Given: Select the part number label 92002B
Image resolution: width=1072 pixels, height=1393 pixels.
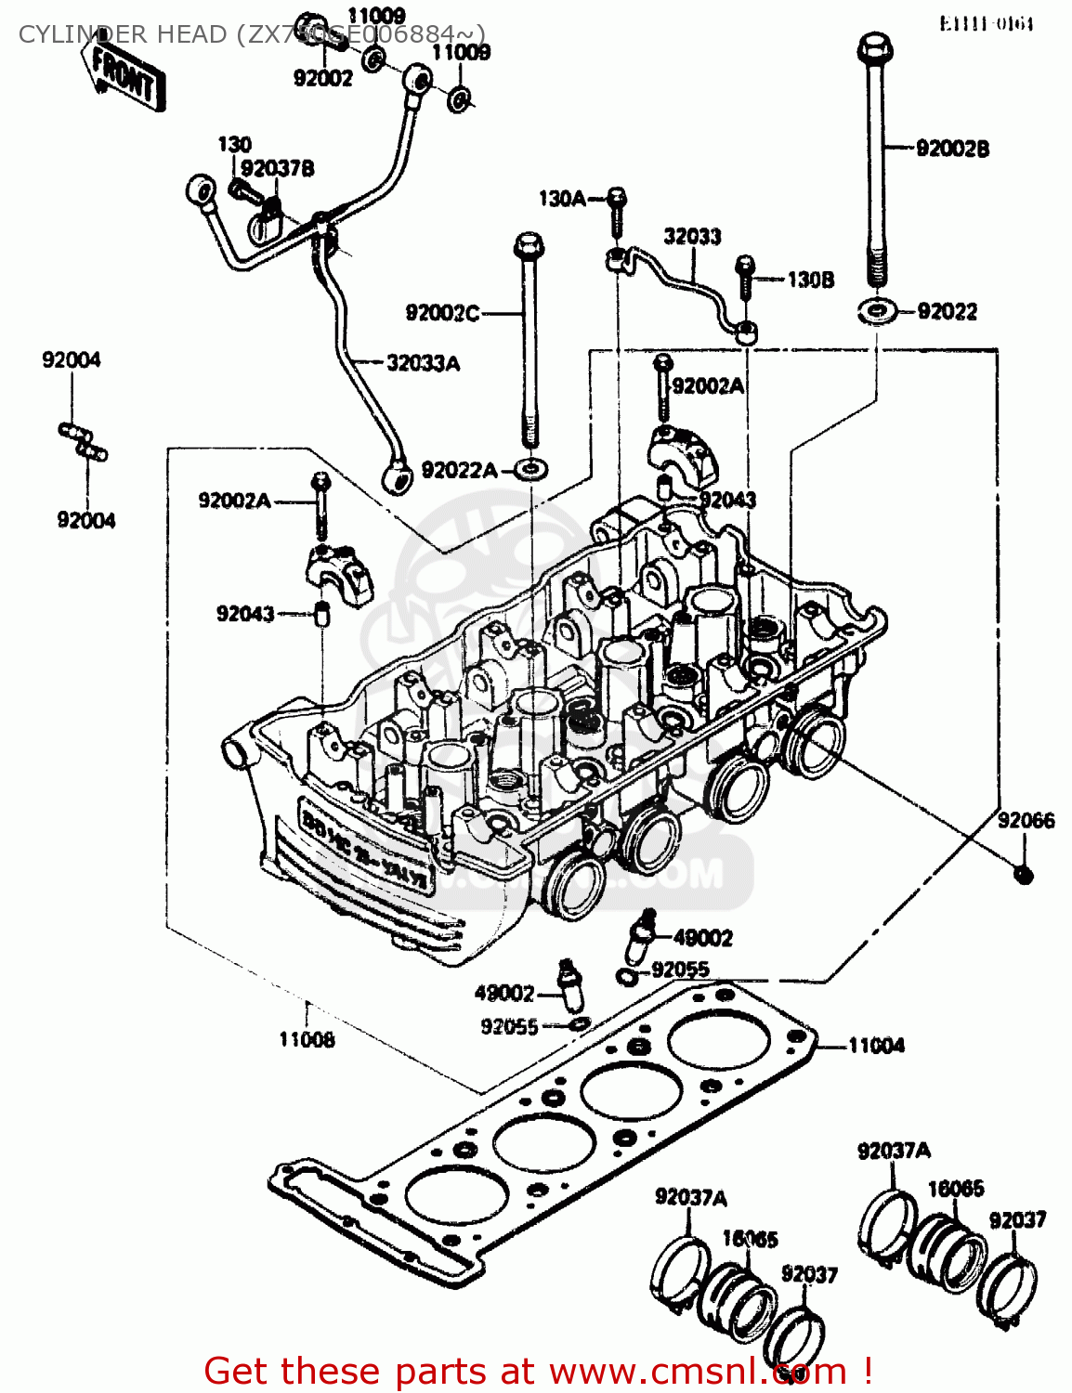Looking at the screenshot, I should coord(952,149).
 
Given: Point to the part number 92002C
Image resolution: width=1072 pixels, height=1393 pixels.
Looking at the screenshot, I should coord(442,313).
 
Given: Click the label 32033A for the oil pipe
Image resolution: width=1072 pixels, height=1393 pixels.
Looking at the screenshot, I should coord(423,363).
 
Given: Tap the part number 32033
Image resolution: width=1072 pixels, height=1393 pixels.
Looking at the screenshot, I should coord(692,236).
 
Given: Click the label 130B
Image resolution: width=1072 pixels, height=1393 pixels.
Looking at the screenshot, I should coord(810,280).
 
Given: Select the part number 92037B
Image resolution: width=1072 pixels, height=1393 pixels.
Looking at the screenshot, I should coord(277,168).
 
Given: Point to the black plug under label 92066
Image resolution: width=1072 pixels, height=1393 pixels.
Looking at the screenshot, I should coord(1024,874).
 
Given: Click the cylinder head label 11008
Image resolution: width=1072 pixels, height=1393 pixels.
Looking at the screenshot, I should coord(307,1040).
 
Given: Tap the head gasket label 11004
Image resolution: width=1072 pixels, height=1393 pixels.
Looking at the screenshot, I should coord(875,1046).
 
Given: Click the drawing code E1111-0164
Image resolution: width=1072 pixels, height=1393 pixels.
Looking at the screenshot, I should coord(986,23).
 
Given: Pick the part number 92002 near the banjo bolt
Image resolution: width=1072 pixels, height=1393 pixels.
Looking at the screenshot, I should coord(323,78).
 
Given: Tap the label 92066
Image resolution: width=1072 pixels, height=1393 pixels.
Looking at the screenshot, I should coord(1026,820).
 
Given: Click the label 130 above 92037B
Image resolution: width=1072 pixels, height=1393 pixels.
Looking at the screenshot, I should coord(234,144).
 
